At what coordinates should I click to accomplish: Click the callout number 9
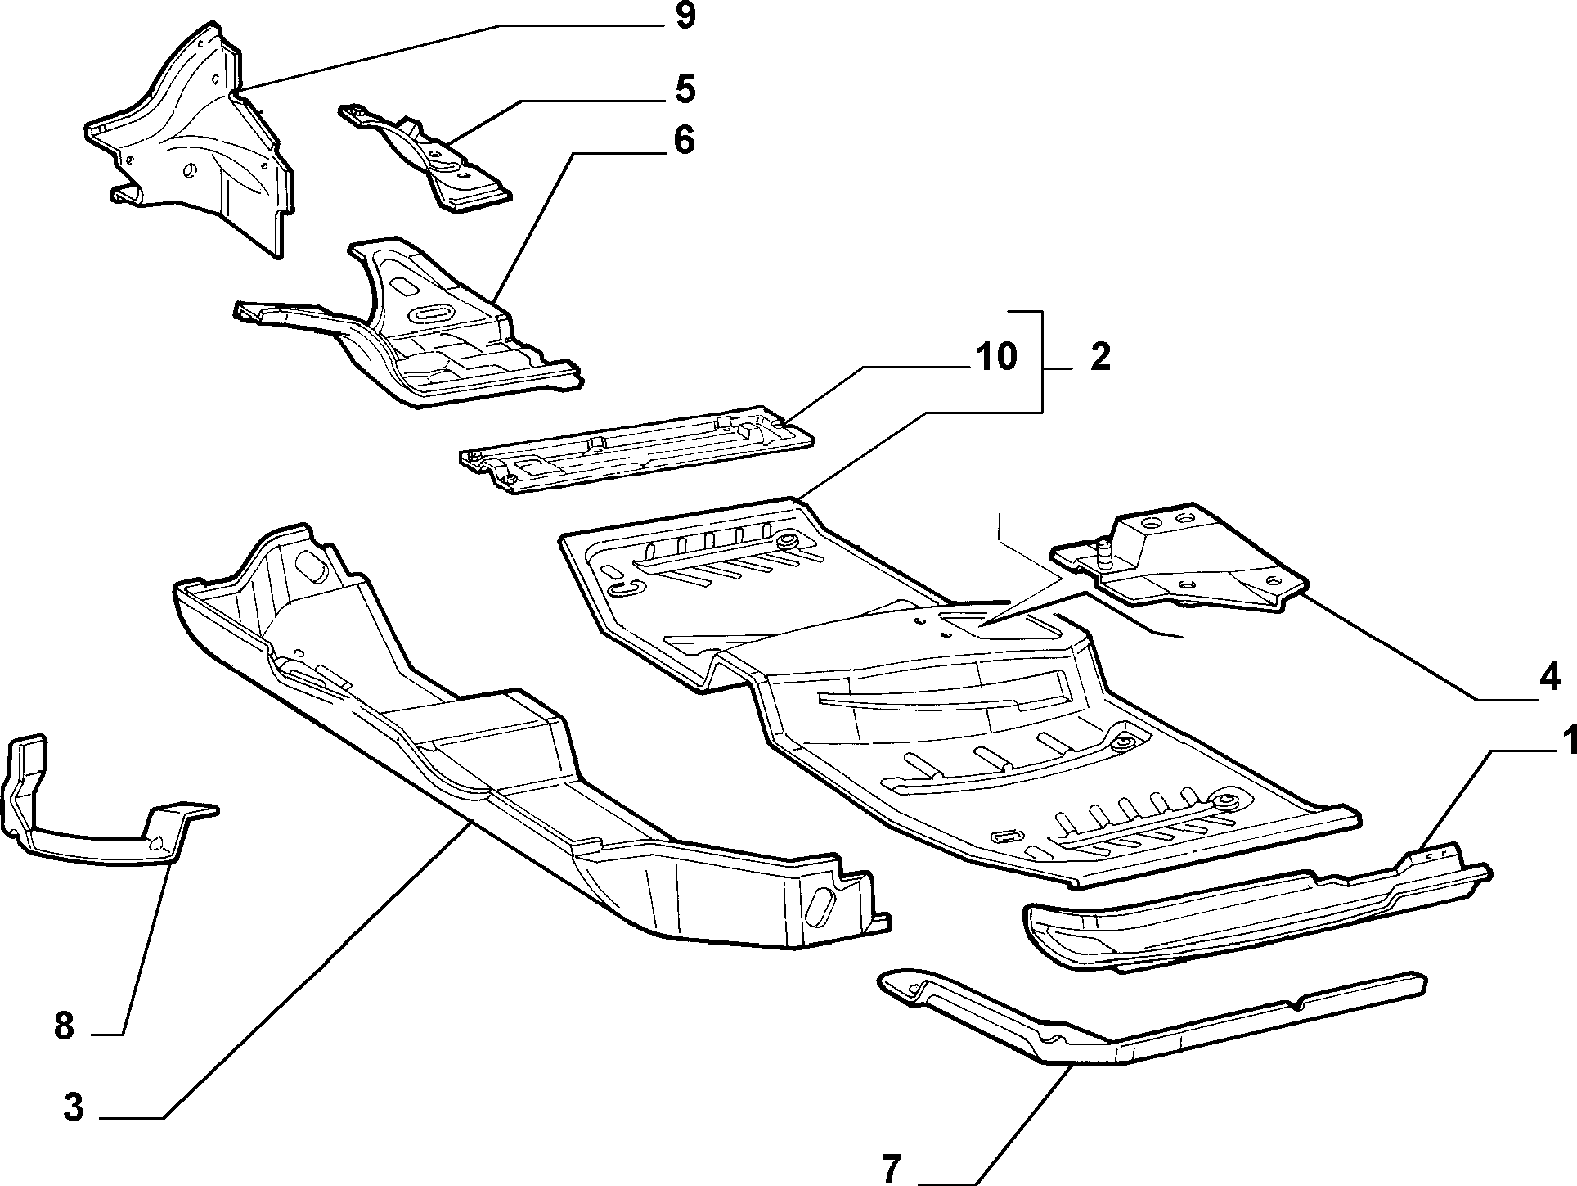click(685, 16)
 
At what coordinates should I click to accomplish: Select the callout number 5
click(685, 89)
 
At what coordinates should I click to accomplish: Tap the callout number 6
click(685, 140)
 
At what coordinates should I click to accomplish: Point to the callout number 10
click(995, 357)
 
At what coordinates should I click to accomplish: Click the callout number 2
click(1100, 358)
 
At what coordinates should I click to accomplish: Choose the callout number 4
click(1549, 678)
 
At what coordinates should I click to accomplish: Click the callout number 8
click(64, 1025)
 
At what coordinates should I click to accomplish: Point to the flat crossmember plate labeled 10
click(636, 450)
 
